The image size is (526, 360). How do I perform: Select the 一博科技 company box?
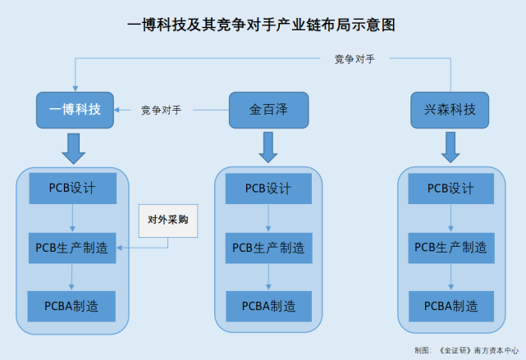pos(75,109)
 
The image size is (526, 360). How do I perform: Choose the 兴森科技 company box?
pos(450,109)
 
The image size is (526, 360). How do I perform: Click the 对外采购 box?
pos(168,220)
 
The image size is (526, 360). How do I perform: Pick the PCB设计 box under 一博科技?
pos(73,188)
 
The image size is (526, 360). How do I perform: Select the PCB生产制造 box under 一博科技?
pos(73,246)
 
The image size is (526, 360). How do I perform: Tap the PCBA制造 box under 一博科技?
pos(73,306)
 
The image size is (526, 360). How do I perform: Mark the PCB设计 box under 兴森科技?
pos(451,188)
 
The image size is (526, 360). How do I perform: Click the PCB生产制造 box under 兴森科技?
pos(451,247)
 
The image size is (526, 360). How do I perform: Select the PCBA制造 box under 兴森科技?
pos(451,306)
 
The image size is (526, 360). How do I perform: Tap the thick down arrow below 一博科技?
pos(75,147)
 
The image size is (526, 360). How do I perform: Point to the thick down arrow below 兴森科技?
pos(451,147)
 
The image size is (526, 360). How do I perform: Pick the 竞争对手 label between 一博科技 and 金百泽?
pos(161,109)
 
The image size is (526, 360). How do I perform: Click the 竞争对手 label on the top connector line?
pos(355,59)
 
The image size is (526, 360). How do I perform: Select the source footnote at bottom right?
pos(465,350)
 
